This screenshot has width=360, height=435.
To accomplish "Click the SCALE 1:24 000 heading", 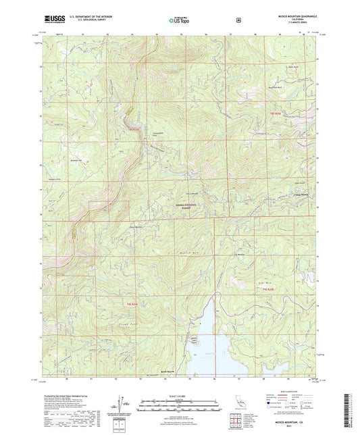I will click(x=180, y=395).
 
